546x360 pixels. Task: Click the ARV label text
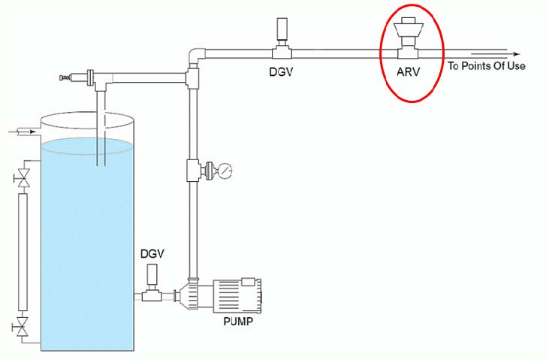click(x=408, y=72)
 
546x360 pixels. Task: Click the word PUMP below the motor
click(x=238, y=321)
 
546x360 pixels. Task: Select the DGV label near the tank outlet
click(x=152, y=254)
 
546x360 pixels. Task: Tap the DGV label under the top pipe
click(x=281, y=72)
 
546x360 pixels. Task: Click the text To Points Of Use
click(x=487, y=66)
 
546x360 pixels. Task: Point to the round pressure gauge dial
click(x=225, y=171)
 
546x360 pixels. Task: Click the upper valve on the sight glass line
click(x=23, y=177)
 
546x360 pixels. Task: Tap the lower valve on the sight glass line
click(x=23, y=327)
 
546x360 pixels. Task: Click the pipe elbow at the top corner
click(x=196, y=55)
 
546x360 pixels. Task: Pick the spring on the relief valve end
click(x=65, y=77)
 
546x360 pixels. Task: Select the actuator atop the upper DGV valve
click(x=281, y=29)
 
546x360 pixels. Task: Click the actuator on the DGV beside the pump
click(x=152, y=274)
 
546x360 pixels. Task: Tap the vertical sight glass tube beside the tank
click(x=23, y=252)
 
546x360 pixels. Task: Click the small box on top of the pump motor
click(x=248, y=281)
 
